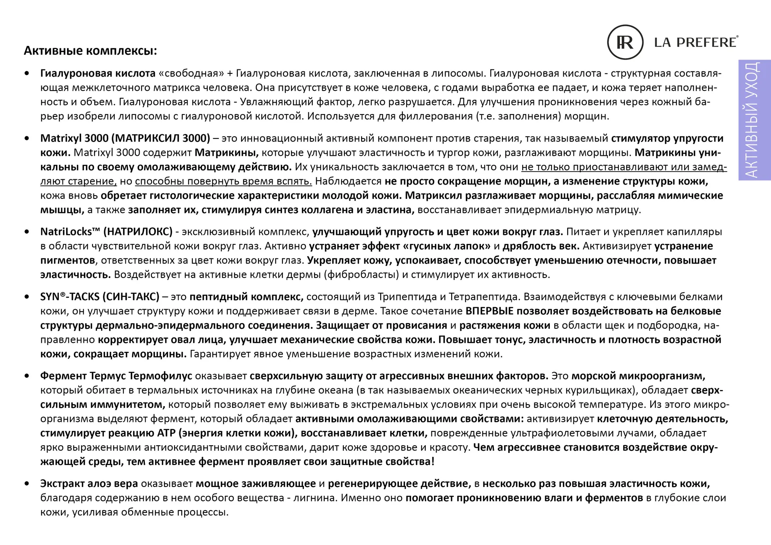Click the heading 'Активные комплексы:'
pyautogui.click(x=90, y=51)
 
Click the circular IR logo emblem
pyautogui.click(x=625, y=42)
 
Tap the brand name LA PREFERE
pyautogui.click(x=696, y=42)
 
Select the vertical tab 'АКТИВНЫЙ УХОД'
pyautogui.click(x=754, y=120)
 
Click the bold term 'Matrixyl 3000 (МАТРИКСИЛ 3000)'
pyautogui.click(x=125, y=138)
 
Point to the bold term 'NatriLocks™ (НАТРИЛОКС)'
pyautogui.click(x=106, y=232)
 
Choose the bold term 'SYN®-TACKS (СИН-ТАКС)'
pyautogui.click(x=99, y=297)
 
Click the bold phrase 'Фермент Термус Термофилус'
pyautogui.click(x=116, y=376)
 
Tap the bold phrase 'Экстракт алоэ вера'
pyautogui.click(x=89, y=484)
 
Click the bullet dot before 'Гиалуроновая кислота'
pyautogui.click(x=27, y=73)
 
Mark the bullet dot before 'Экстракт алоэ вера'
pyautogui.click(x=27, y=484)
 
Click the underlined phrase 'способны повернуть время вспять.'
pyautogui.click(x=224, y=181)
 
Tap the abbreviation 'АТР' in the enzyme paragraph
pyautogui.click(x=166, y=433)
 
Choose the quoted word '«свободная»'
pyautogui.click(x=192, y=73)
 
